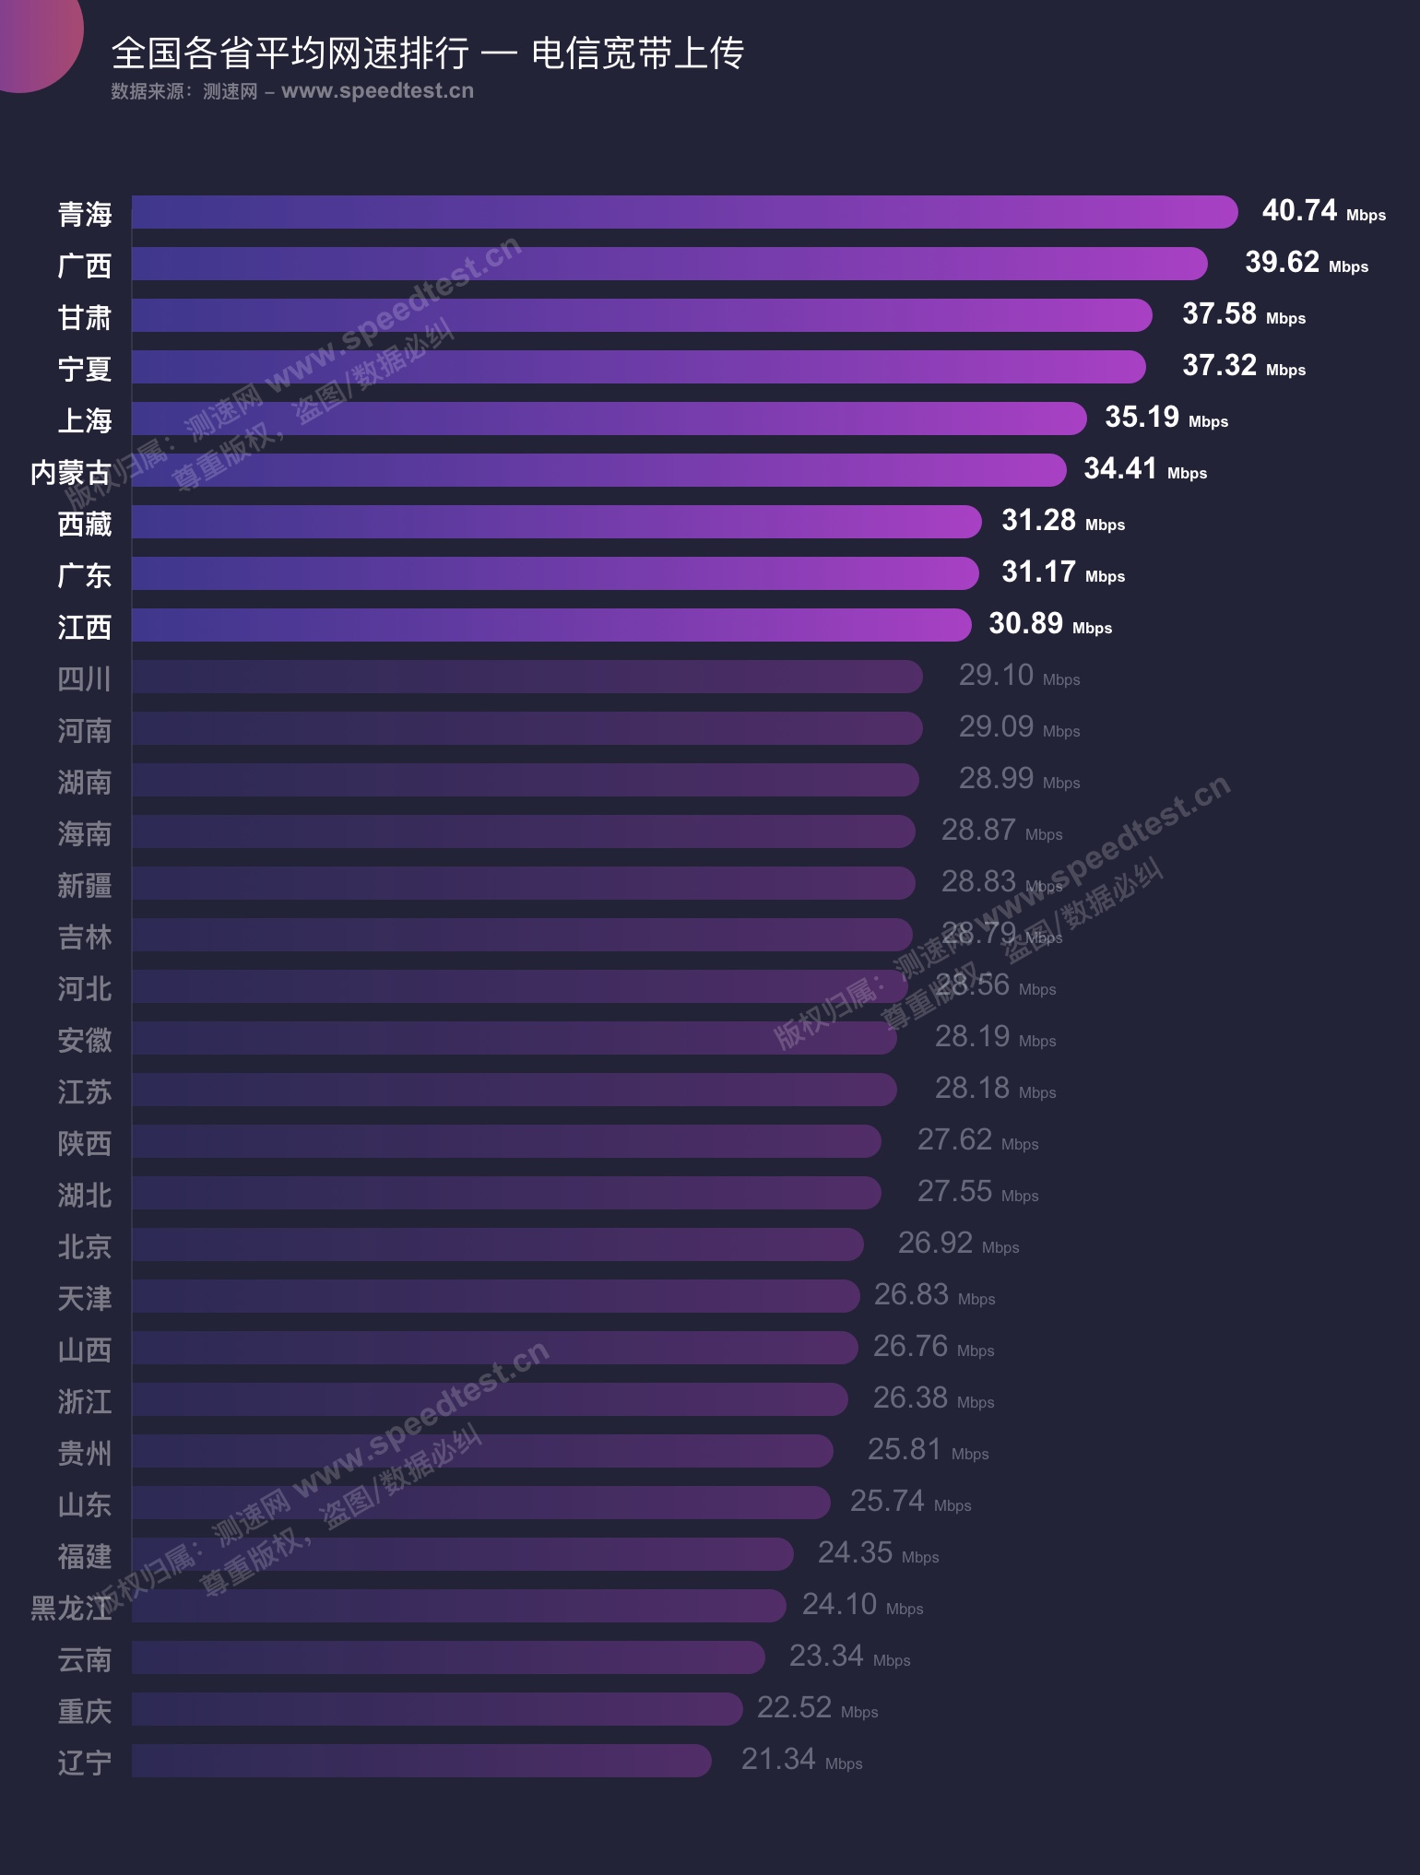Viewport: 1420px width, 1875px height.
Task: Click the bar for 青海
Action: (x=684, y=212)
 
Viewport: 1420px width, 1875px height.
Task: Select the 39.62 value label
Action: (x=1282, y=263)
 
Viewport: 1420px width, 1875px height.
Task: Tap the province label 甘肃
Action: (x=85, y=318)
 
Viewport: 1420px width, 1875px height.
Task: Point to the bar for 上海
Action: (x=609, y=419)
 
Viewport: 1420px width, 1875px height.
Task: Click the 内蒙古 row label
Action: (x=71, y=473)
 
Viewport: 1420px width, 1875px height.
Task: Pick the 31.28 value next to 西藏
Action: (x=1038, y=521)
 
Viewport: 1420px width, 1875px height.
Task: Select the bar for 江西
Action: (x=551, y=625)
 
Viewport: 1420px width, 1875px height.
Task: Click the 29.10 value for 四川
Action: (x=996, y=676)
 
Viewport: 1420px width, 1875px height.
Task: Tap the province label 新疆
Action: (x=85, y=886)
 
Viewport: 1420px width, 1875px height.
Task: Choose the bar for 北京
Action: (x=498, y=1244)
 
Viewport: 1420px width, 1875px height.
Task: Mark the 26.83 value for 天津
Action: (x=911, y=1295)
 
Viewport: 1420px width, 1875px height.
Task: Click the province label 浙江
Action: (x=85, y=1402)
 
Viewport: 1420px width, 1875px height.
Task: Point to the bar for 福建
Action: (x=462, y=1554)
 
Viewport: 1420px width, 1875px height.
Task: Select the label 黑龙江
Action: (x=71, y=1609)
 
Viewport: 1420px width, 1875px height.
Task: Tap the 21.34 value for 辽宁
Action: (x=778, y=1760)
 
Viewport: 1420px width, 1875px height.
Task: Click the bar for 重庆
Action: (x=437, y=1709)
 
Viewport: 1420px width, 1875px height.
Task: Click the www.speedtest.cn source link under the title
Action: (x=377, y=91)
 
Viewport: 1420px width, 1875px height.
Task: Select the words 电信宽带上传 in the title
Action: (x=637, y=53)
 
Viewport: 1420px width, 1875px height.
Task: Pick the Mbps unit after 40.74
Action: (x=1366, y=216)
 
